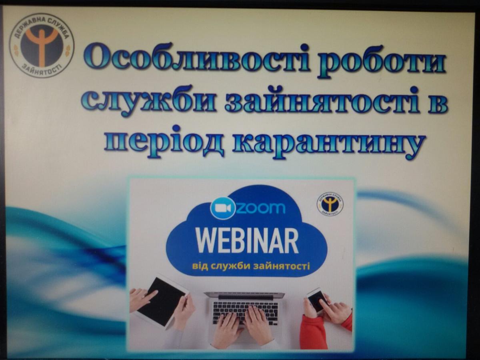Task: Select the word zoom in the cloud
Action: pos(261,208)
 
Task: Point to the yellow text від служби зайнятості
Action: pos(251,266)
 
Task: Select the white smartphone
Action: pos(318,301)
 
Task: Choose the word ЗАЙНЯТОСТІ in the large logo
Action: pos(43,70)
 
